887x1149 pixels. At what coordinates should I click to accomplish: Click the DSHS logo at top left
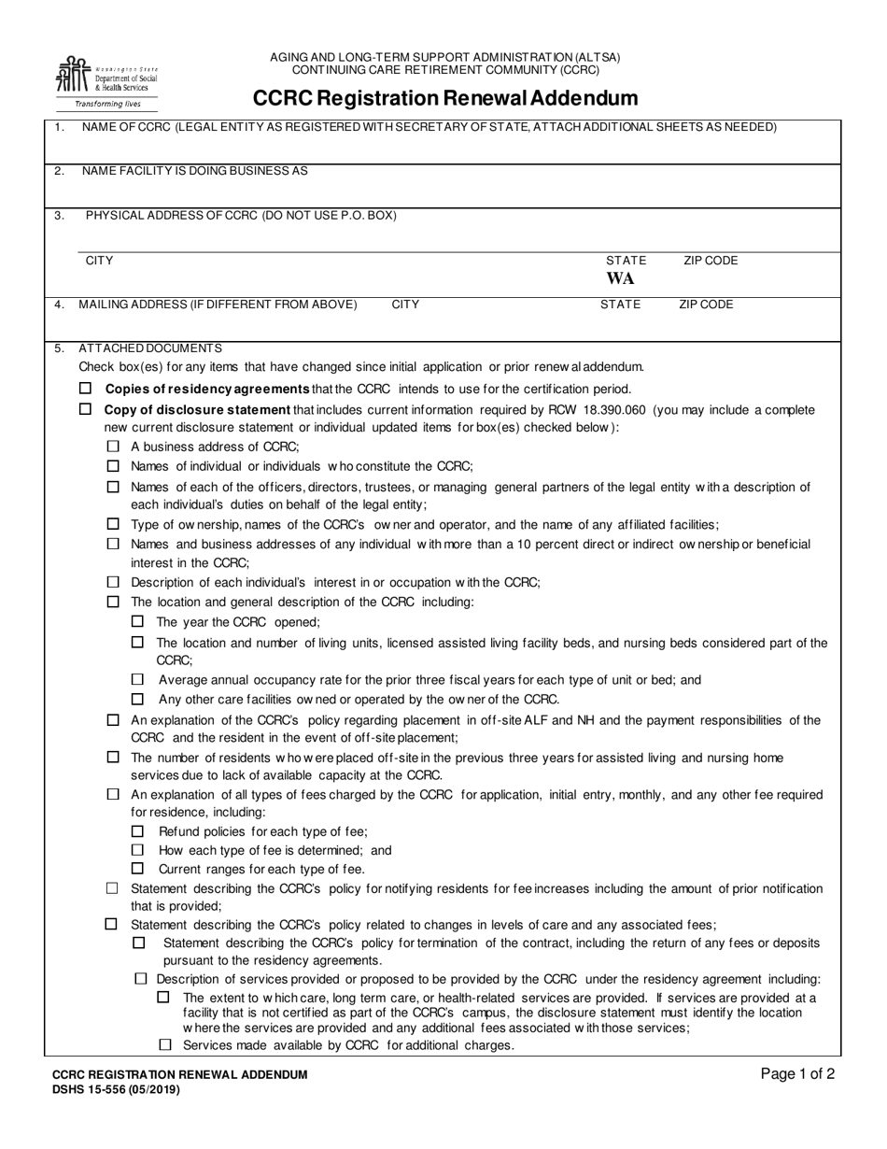[105, 81]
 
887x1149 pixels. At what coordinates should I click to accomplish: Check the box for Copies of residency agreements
[86, 389]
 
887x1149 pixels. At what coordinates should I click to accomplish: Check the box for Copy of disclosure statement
[86, 409]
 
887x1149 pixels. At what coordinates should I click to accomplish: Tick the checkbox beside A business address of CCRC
[113, 447]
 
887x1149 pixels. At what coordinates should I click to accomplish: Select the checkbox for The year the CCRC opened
[138, 621]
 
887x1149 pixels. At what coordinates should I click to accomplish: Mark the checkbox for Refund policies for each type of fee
[138, 831]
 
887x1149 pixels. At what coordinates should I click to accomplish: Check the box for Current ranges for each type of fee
[138, 869]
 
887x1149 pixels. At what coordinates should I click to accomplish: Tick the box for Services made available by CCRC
[165, 1045]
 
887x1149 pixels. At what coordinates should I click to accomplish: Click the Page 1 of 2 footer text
[798, 1074]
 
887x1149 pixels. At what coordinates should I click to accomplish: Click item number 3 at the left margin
[59, 216]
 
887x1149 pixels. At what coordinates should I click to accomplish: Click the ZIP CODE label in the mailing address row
[706, 305]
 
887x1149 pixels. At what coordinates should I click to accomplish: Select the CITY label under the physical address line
[99, 261]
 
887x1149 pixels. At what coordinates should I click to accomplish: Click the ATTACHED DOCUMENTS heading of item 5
[150, 348]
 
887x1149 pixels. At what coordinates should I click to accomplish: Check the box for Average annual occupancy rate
[138, 680]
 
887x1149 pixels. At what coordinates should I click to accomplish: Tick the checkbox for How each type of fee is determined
[138, 850]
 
